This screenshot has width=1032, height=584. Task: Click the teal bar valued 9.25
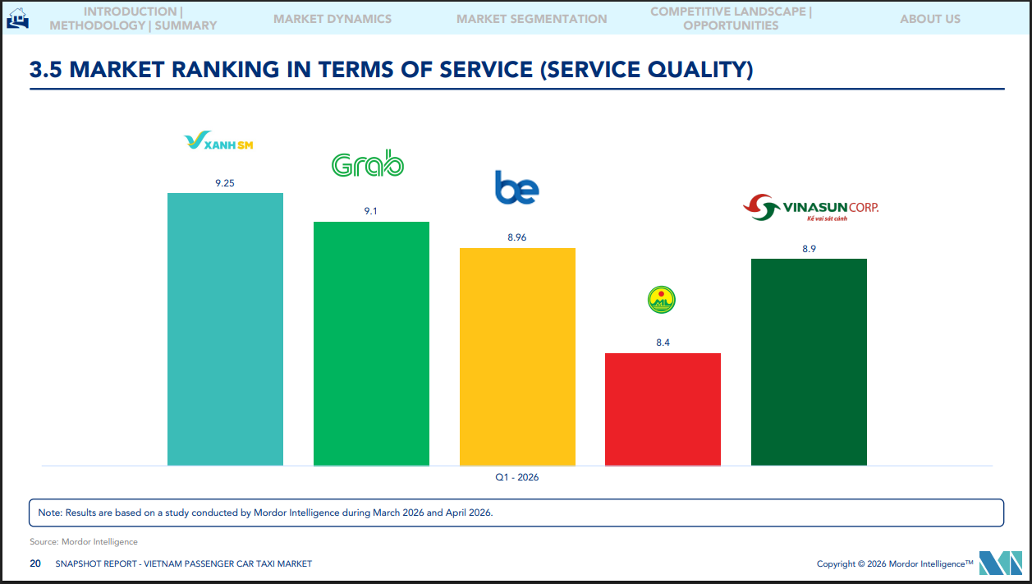[225, 329]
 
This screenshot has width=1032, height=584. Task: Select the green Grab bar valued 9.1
[371, 343]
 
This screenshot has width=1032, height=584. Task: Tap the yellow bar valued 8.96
[517, 356]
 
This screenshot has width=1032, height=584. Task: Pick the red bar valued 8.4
[663, 409]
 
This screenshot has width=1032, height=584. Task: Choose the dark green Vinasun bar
[809, 361]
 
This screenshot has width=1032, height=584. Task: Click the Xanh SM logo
[218, 143]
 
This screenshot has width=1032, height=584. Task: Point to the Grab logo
[367, 165]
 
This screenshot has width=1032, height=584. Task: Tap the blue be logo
[516, 188]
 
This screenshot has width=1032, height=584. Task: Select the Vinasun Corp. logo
[810, 209]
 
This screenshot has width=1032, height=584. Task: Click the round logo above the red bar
[661, 301]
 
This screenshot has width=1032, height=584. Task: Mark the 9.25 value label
[225, 183]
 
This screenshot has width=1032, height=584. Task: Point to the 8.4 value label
[663, 343]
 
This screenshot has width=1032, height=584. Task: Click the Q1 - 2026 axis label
[516, 477]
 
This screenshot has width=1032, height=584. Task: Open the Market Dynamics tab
[333, 19]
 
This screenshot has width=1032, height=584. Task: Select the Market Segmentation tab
[532, 19]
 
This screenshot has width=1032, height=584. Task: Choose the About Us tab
[929, 19]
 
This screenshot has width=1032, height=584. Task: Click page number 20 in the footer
[35, 563]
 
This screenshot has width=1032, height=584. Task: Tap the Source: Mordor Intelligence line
[84, 542]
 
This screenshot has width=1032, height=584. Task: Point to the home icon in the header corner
[17, 17]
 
